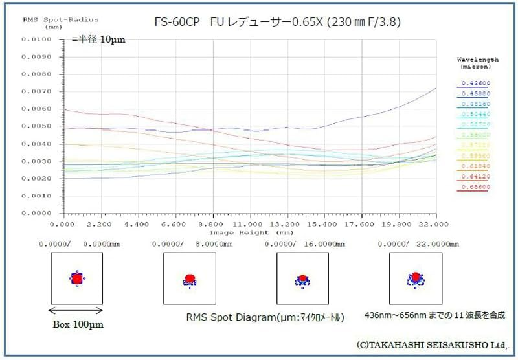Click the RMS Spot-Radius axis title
[48, 20]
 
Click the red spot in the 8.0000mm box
[190, 278]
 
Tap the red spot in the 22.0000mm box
[416, 277]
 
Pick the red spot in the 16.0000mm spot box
[302, 279]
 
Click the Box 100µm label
[76, 324]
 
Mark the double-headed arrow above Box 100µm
[76, 310]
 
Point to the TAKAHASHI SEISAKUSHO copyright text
[433, 344]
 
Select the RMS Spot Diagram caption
[265, 317]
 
